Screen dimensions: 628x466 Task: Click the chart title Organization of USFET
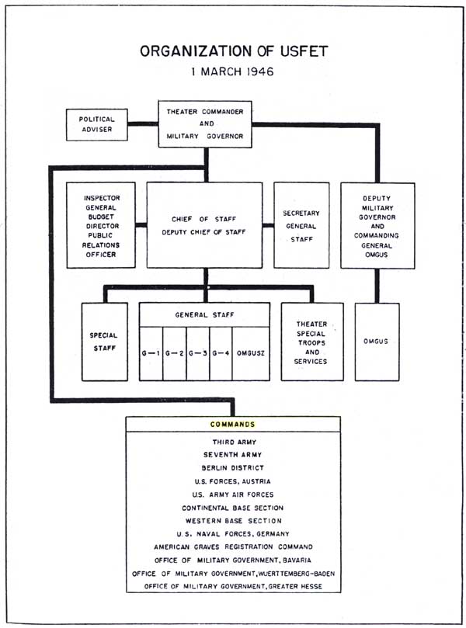[233, 51]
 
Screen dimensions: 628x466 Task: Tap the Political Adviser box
[97, 124]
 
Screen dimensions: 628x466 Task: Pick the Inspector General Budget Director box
[101, 225]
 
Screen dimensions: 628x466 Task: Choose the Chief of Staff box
[205, 225]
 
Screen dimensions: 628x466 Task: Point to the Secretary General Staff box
[302, 225]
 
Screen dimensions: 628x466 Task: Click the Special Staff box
[104, 342]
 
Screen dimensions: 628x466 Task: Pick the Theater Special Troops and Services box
[311, 342]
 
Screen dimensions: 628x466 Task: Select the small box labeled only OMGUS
[377, 342]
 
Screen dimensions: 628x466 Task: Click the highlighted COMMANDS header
[233, 425]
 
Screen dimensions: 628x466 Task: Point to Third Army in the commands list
[233, 441]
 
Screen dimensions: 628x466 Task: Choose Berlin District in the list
[233, 467]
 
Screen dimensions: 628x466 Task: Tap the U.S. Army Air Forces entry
[233, 494]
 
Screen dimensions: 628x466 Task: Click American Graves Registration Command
[233, 546]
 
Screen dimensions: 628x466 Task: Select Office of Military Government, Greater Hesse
[233, 585]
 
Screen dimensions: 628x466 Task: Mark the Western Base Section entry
[233, 520]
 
